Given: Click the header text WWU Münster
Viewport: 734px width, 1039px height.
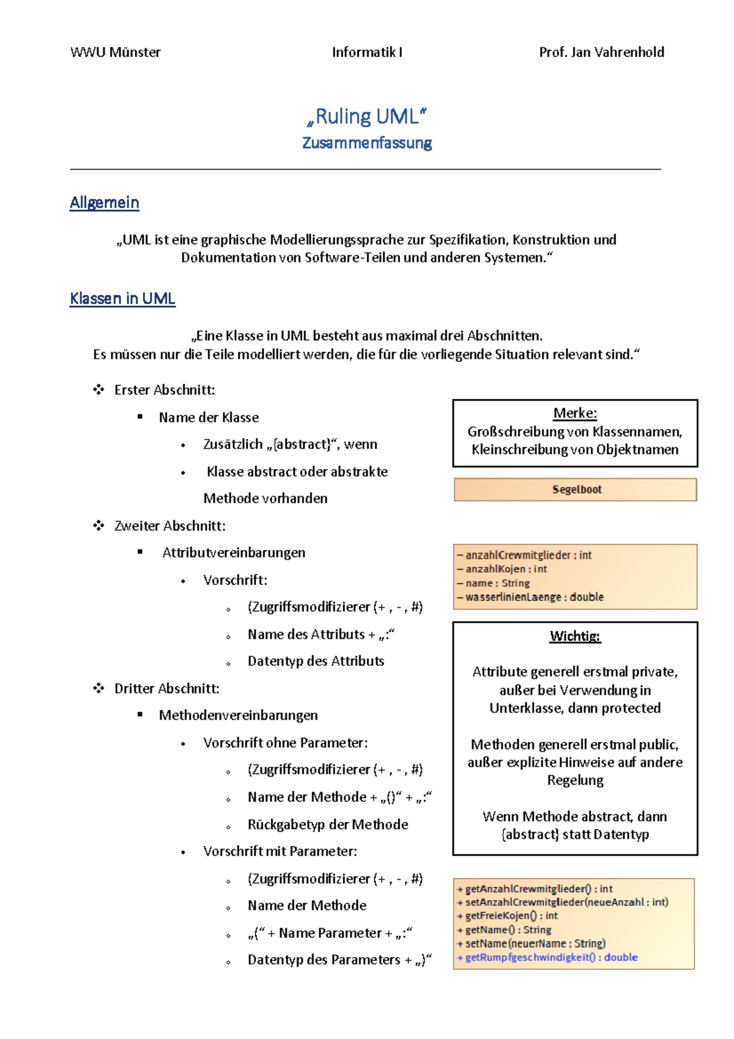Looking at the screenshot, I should (x=115, y=52).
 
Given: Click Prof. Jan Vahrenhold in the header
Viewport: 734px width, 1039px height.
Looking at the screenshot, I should (x=601, y=52).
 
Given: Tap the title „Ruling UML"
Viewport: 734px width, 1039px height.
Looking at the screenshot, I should (x=366, y=116).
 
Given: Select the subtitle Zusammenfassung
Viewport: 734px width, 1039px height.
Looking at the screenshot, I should (x=367, y=143).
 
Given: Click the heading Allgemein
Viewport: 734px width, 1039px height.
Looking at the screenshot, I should (x=105, y=203).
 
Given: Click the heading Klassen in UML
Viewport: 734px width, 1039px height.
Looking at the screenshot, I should (x=122, y=299).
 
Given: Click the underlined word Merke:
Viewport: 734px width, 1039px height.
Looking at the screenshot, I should (x=575, y=413).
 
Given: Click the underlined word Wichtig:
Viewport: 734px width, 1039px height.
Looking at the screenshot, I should (x=575, y=636).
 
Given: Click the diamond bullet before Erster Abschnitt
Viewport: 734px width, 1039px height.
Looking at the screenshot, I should (x=98, y=390).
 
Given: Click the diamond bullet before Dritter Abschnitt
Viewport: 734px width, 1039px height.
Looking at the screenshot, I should (x=98, y=688).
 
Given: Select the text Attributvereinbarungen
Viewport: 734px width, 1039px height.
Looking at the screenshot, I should (x=234, y=553).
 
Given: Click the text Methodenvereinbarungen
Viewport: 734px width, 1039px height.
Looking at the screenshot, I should (x=238, y=715).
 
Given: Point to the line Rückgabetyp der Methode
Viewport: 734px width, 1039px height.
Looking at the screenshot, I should (x=327, y=824).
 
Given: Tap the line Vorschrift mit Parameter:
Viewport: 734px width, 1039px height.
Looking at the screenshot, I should (x=280, y=851).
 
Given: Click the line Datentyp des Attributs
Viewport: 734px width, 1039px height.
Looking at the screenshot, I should (x=316, y=661).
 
